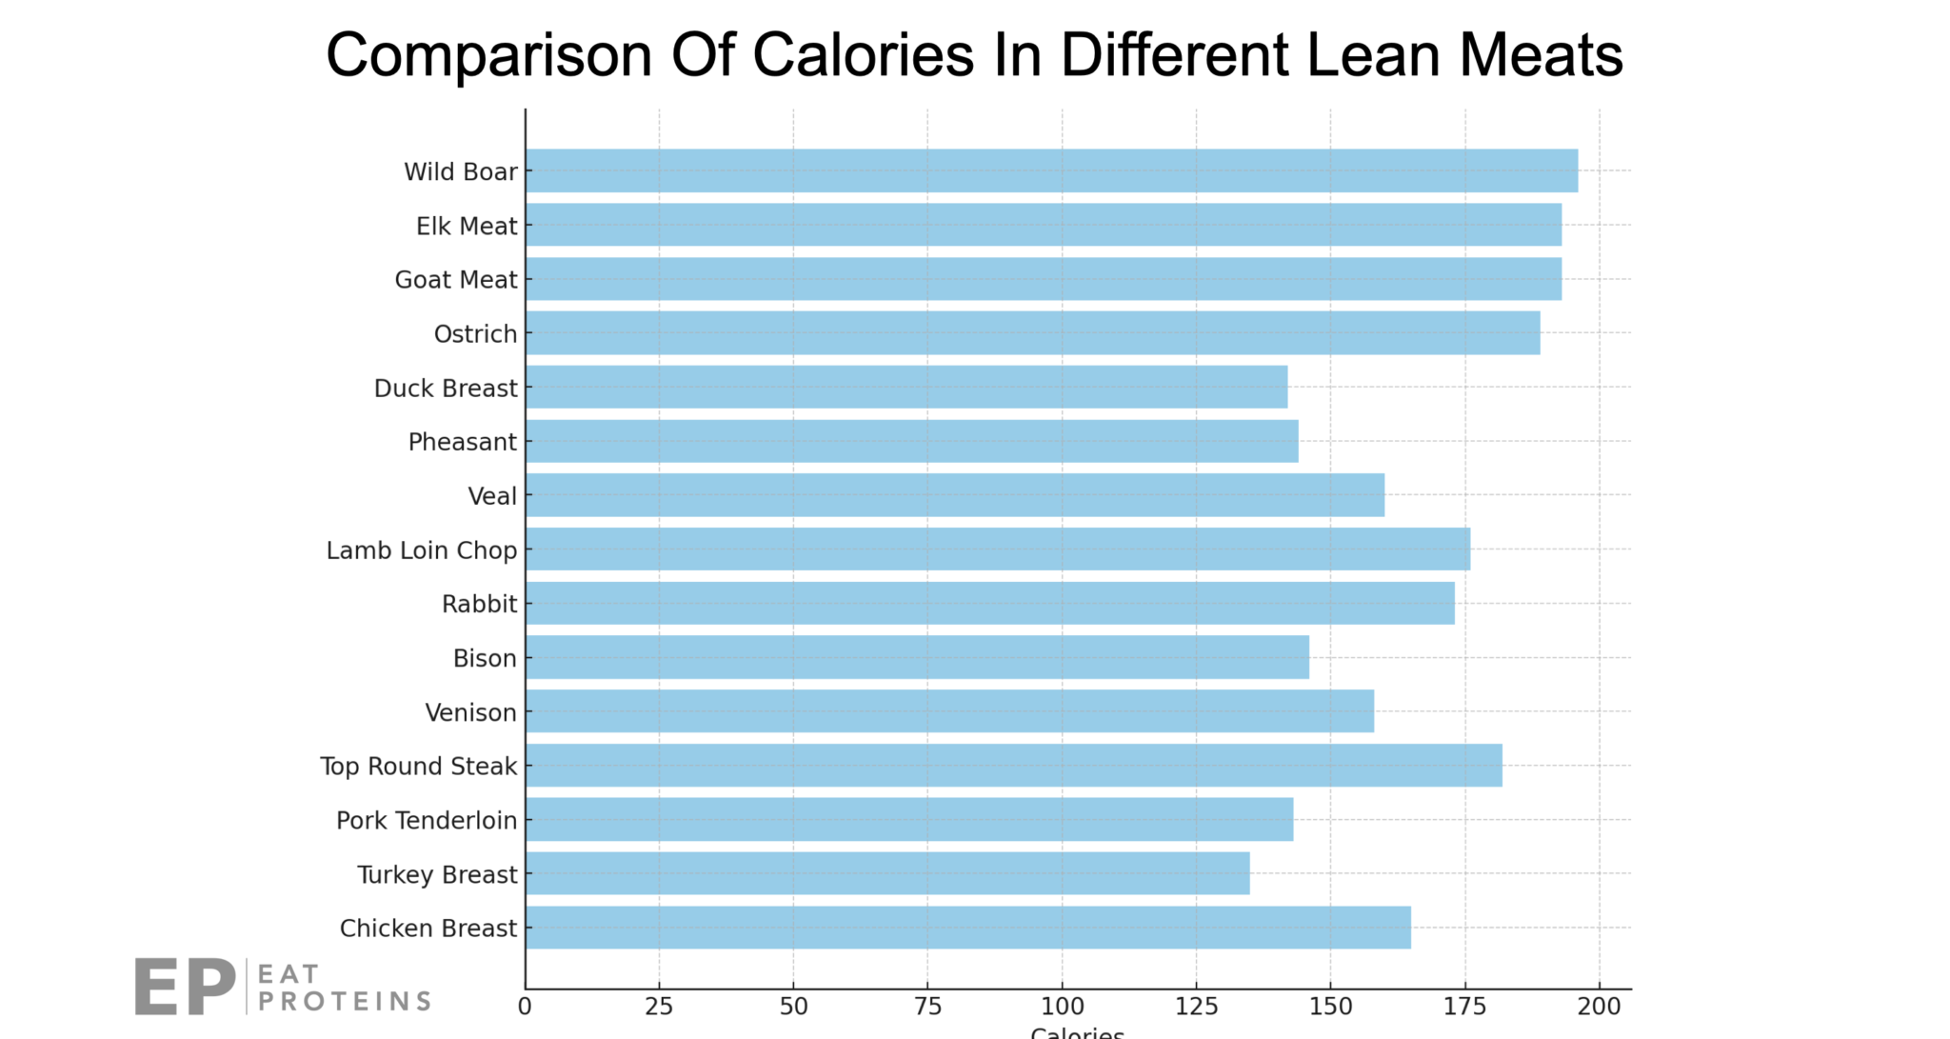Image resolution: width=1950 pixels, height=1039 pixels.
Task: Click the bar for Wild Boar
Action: (1051, 170)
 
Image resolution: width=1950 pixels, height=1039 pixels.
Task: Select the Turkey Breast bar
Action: (887, 873)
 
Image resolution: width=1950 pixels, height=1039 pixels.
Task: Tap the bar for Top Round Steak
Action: (1013, 765)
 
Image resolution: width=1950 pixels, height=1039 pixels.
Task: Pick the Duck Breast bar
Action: (906, 387)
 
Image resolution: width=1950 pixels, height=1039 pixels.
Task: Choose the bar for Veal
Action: (955, 495)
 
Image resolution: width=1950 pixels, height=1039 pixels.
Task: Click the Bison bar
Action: (917, 657)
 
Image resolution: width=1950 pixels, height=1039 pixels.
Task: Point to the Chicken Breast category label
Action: (428, 929)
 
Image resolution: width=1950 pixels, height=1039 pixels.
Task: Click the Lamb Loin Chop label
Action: (422, 550)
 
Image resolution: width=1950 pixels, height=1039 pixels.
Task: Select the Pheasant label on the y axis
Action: (462, 442)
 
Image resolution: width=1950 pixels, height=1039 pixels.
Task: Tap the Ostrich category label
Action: (475, 334)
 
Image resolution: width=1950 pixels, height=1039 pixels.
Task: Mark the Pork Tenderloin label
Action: (427, 820)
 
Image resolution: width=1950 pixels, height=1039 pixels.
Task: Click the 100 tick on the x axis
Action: (1062, 1007)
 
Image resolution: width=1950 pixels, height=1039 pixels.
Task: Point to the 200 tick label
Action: (1600, 1007)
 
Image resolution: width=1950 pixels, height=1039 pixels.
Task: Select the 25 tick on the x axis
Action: (659, 1007)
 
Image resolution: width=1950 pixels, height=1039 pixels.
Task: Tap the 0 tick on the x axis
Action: (525, 1007)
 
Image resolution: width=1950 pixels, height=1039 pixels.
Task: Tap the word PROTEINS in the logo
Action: (345, 1001)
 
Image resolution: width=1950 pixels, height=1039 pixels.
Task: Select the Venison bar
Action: (949, 711)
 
